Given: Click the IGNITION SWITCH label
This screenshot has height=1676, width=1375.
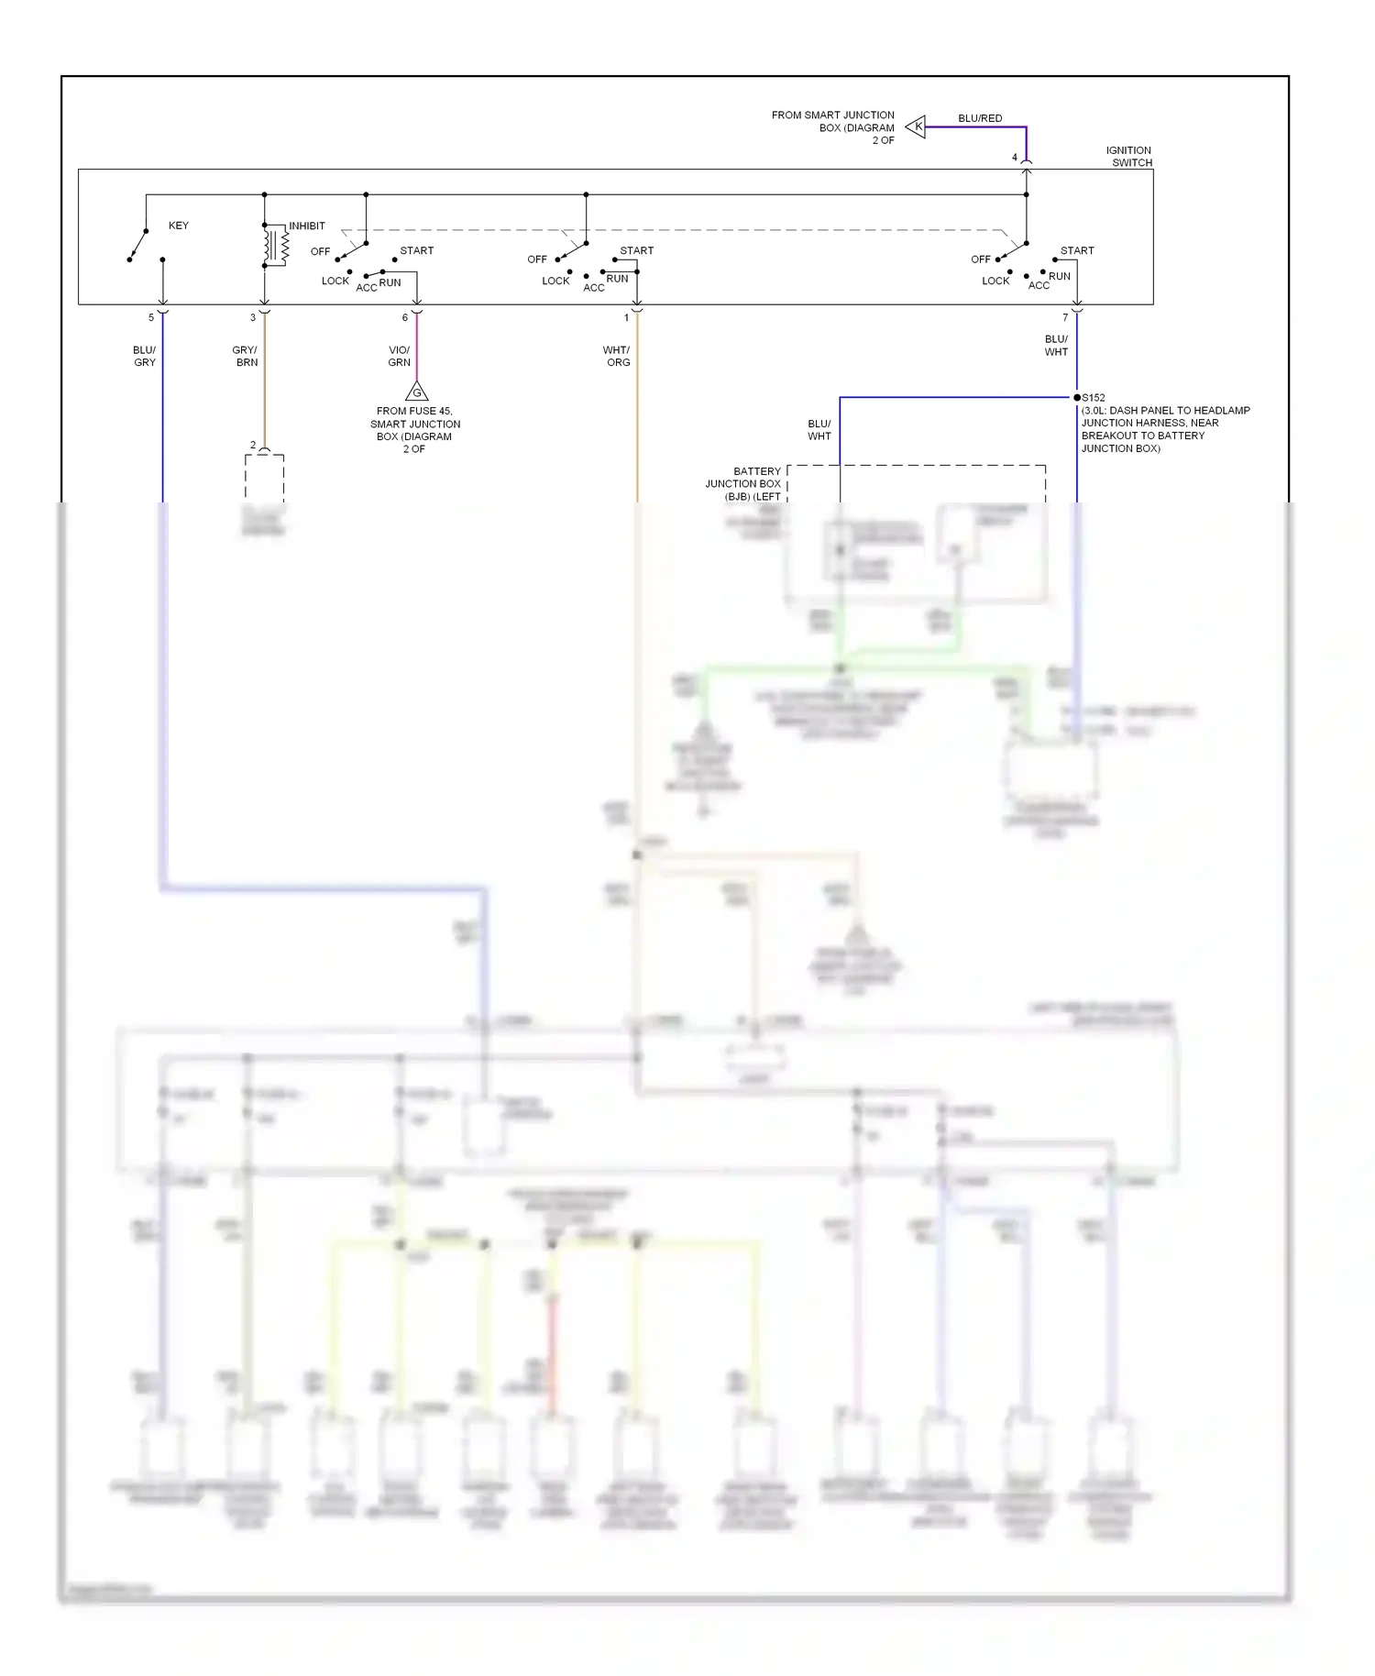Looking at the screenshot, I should pos(1128,157).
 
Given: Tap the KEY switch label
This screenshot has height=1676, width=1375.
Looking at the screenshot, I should pos(178,226).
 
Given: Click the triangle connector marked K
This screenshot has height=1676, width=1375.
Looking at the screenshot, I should pos(916,127).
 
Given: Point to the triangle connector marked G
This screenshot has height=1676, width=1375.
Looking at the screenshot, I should pos(416,392).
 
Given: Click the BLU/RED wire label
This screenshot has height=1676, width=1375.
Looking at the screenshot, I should pos(980,118).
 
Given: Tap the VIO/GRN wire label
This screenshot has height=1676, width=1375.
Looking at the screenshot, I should pos(399,356).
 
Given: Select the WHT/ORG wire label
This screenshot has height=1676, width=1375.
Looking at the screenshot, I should pos(617,356).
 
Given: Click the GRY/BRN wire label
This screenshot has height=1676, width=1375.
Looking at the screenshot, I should pos(245,356).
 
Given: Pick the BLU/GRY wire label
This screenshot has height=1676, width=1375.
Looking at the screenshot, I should pos(145,356).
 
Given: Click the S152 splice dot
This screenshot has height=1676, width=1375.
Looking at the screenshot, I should pos(1077,398).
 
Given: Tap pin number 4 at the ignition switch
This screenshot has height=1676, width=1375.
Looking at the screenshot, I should pos(1014,158).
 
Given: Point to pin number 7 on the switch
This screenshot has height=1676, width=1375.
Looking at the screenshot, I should pos(1065,318).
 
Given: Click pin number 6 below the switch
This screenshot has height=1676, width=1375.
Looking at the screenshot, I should pos(404,318).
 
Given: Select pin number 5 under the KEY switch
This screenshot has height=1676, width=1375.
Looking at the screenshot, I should pos(151,318).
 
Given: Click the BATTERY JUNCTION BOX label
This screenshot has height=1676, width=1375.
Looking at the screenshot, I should pos(744,483).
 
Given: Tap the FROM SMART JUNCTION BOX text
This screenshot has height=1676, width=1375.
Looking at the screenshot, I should pos(832,127).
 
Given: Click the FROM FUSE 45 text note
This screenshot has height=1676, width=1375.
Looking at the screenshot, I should pos(415,430).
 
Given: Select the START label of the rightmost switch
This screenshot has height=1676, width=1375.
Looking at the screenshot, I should pos(1077,250).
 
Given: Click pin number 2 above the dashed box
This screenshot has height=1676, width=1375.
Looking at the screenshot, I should pos(253,446).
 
